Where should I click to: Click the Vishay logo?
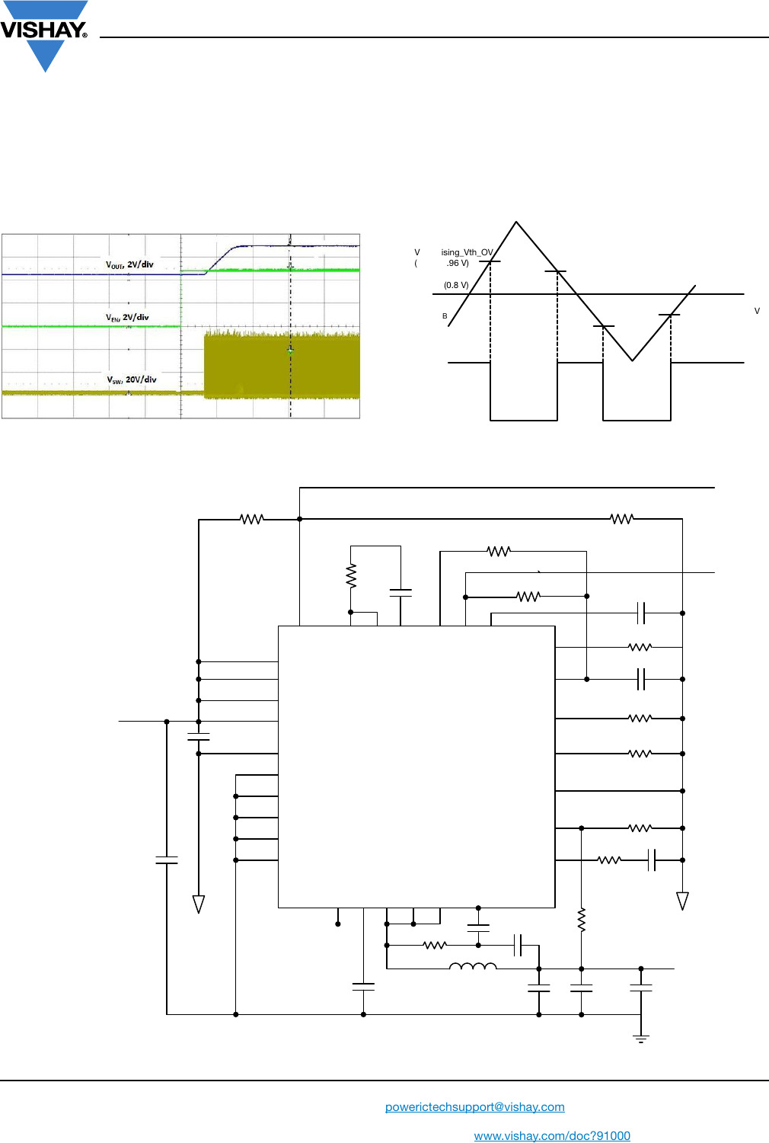(44, 34)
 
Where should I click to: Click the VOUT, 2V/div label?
(129, 264)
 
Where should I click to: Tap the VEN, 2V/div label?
(127, 317)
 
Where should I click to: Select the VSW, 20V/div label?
(131, 379)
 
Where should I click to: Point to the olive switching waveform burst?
(282, 366)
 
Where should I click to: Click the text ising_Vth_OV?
(467, 252)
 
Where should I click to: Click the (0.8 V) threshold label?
(456, 285)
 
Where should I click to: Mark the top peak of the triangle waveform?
(516, 223)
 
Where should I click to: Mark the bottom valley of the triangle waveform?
(632, 360)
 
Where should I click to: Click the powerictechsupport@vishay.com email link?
(474, 1106)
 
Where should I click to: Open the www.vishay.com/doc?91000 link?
(552, 1135)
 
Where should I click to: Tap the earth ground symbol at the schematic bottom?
(641, 1039)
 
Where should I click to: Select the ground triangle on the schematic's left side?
(199, 904)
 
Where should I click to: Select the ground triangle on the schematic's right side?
(682, 901)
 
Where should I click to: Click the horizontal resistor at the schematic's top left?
(252, 519)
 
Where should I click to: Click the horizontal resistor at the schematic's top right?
(621, 519)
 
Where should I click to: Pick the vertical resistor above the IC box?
(351, 576)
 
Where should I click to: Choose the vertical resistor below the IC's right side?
(582, 920)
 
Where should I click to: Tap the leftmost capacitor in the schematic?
(167, 860)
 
